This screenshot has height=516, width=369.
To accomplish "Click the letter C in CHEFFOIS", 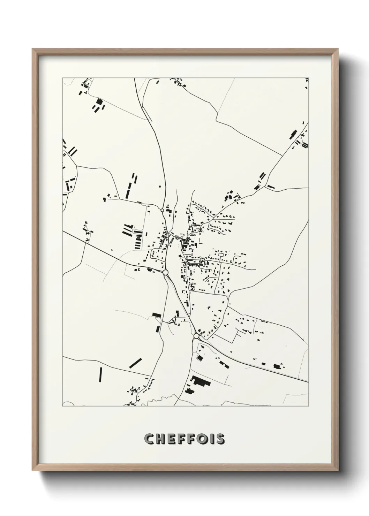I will (150, 439).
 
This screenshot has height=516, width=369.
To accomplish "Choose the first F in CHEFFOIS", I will (185, 439).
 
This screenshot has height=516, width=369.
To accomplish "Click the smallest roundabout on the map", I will (162, 210).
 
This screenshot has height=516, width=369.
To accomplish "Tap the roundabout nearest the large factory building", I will (196, 336).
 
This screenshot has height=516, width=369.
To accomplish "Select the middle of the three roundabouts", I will (166, 272).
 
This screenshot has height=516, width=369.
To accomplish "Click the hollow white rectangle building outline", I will (221, 255).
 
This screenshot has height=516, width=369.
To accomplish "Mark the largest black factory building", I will (201, 381).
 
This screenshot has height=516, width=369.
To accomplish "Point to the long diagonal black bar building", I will (136, 363).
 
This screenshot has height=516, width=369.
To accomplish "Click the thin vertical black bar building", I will (100, 375).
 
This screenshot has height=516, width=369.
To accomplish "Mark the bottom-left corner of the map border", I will (63, 406).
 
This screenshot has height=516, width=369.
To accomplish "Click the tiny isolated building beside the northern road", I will (159, 186).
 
